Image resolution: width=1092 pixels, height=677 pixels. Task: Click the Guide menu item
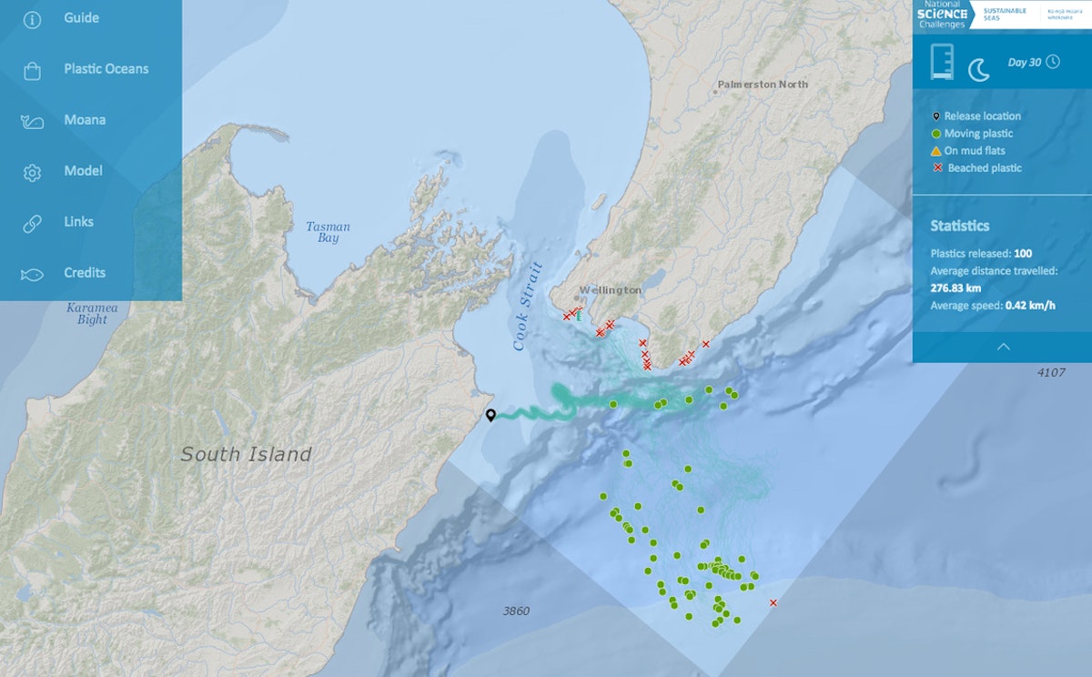(81, 18)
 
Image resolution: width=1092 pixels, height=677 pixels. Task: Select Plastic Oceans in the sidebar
(106, 69)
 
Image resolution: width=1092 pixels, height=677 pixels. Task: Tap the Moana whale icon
(32, 121)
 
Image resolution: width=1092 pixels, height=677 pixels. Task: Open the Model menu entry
(83, 171)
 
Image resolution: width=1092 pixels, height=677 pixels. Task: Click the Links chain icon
(32, 223)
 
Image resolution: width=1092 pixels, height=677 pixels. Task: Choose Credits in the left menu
(85, 273)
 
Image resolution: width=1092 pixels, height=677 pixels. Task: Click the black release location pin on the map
(490, 415)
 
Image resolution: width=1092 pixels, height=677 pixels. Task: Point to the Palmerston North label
(762, 85)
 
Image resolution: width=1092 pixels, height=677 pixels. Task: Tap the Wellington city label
(610, 290)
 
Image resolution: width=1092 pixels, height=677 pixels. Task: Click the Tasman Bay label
(328, 232)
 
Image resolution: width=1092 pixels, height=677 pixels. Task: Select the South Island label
(246, 454)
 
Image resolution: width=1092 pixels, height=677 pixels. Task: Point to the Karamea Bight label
(92, 314)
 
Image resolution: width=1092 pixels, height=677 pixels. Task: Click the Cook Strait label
(528, 307)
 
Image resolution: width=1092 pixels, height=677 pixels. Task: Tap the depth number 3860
(516, 611)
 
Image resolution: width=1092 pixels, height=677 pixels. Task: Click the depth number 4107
(1050, 372)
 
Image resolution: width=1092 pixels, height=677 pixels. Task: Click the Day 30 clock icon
(1053, 62)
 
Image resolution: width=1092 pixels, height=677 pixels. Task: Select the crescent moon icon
(978, 69)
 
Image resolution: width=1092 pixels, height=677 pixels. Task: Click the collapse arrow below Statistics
(1003, 347)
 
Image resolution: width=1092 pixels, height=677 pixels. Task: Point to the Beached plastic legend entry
(984, 168)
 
